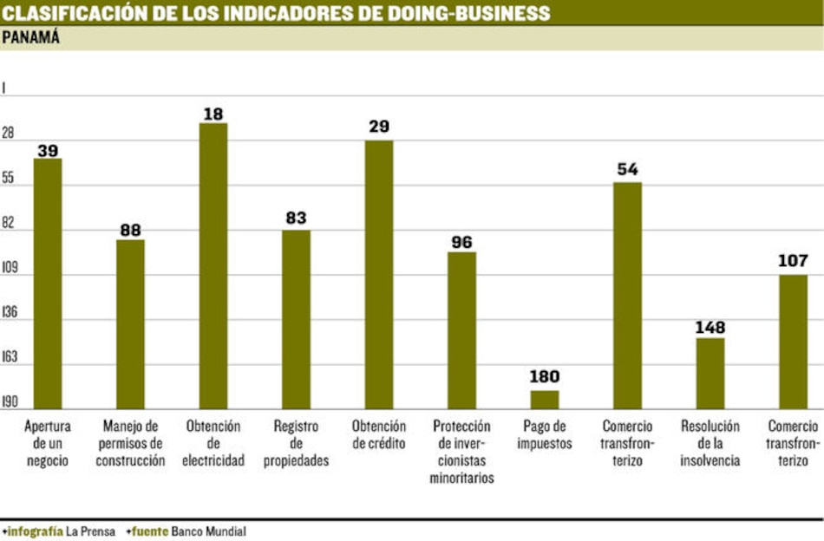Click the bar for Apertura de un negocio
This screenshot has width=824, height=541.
click(48, 284)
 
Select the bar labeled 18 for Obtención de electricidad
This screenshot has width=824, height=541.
click(213, 265)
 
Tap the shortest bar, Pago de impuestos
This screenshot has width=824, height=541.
click(545, 400)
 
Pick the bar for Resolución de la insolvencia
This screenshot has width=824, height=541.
click(710, 373)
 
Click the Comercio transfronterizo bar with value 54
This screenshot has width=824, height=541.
click(628, 295)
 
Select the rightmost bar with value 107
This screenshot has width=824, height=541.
click(793, 342)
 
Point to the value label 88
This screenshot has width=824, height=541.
click(131, 230)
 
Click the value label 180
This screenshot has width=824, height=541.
click(545, 377)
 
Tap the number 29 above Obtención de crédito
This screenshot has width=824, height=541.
click(379, 127)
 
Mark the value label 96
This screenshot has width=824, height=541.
click(461, 242)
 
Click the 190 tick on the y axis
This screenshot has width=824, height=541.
click(10, 403)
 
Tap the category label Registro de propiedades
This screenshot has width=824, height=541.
click(296, 443)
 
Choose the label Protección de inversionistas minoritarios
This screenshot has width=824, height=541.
click(461, 452)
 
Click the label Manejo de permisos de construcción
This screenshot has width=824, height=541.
click(131, 443)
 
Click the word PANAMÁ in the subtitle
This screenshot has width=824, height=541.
click(31, 37)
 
